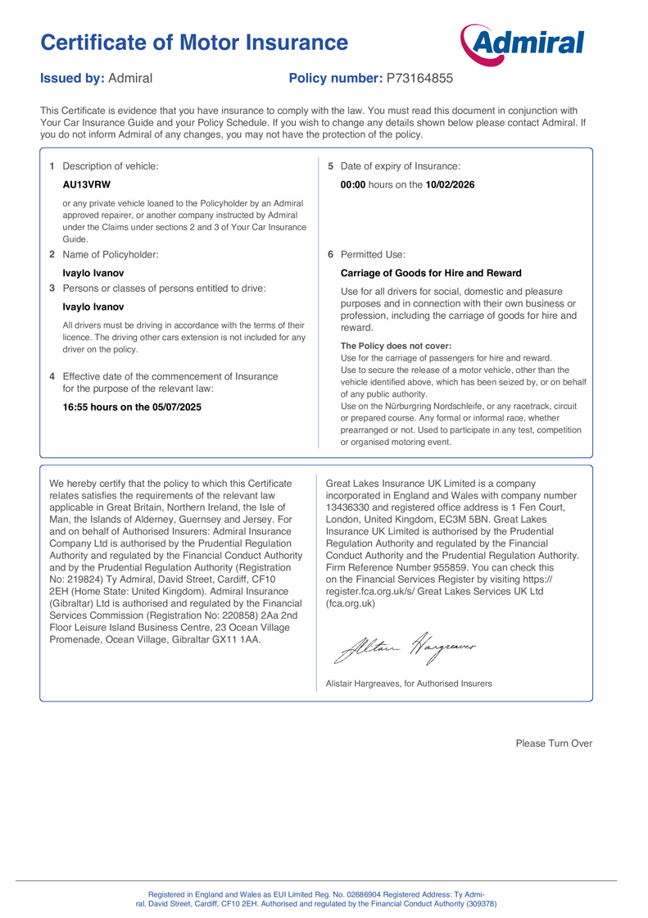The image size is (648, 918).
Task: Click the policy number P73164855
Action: coord(419,79)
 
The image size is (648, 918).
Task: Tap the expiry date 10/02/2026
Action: coord(451,184)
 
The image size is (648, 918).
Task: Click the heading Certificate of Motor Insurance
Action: coord(194,42)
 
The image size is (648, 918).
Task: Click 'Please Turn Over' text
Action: coord(553,743)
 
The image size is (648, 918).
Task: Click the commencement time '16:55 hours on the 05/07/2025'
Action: coord(132,407)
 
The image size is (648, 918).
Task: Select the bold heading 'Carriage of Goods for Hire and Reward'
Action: coord(431,273)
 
